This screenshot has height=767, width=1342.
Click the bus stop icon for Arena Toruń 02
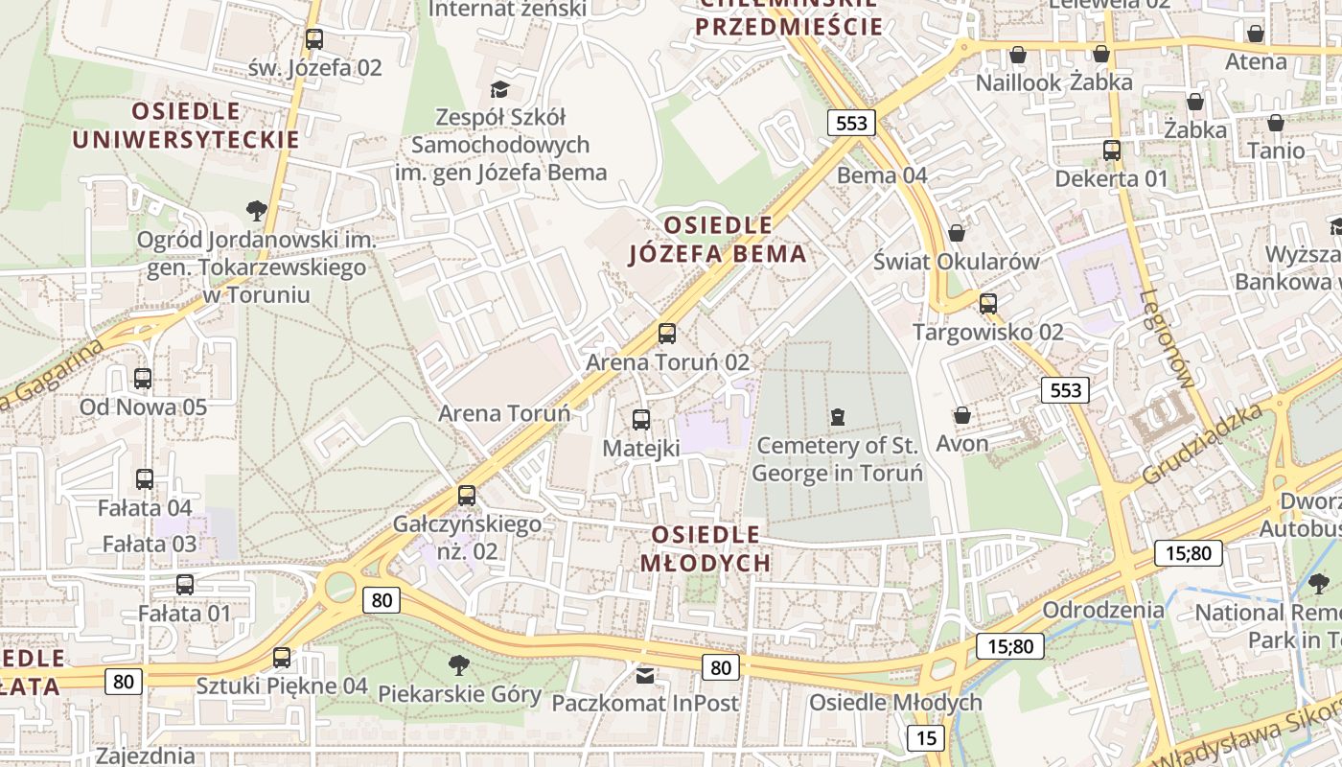[667, 334]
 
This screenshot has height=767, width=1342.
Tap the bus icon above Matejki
[641, 419]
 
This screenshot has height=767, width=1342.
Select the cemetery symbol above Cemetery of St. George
[838, 416]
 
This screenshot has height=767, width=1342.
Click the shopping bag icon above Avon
[961, 415]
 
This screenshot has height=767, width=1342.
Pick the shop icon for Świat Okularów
[956, 233]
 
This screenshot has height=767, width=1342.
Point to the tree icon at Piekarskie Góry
[459, 664]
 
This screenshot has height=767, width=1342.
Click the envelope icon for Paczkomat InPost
[645, 675]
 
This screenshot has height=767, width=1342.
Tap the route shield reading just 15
[925, 737]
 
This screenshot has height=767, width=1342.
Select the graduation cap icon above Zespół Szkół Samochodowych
[499, 89]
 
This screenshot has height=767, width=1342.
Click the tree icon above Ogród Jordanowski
[256, 210]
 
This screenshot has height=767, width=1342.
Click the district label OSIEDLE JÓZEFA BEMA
[717, 240]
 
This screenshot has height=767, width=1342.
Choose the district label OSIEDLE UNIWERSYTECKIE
[186, 125]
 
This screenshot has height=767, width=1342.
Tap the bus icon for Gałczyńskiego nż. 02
[467, 496]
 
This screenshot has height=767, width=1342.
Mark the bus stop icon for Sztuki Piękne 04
[281, 658]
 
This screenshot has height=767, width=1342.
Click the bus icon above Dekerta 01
[1112, 151]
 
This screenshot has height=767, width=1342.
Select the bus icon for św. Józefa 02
[314, 39]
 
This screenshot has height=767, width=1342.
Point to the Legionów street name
[1169, 338]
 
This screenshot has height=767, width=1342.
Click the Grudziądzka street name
[1202, 443]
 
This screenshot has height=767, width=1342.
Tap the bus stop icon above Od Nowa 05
[143, 379]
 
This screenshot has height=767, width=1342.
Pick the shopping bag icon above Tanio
[1276, 123]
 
